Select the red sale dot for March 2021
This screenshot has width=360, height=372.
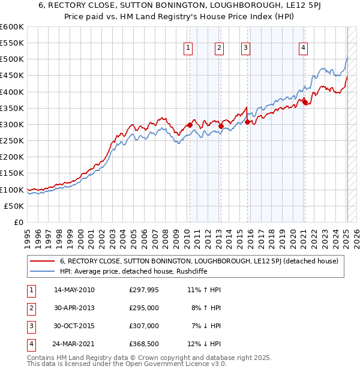[304, 101]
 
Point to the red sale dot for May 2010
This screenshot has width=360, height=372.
[190, 125]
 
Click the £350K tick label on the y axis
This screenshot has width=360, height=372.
[12, 108]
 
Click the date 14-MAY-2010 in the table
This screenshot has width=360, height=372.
[74, 289]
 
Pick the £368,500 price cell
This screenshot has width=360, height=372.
[144, 344]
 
